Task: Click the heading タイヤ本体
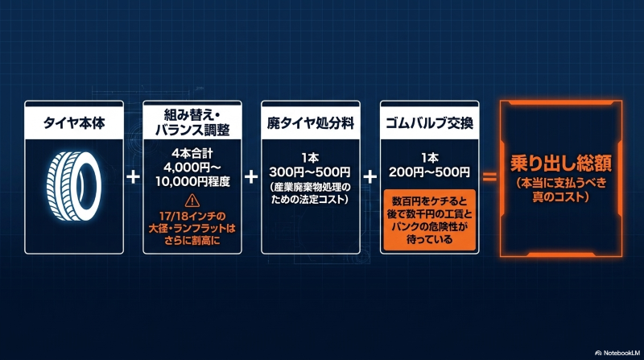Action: [74, 123]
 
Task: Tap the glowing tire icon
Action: [74, 186]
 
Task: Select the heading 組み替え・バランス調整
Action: [192, 122]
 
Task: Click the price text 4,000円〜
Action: [192, 168]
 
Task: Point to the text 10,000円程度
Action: [192, 181]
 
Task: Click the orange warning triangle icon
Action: [192, 201]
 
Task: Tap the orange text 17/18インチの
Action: [192, 216]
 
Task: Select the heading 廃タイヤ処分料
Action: [311, 123]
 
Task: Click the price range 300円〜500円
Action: [310, 172]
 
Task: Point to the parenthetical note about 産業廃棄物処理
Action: [310, 193]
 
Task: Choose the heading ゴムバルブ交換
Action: [429, 123]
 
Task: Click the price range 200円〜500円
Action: [429, 172]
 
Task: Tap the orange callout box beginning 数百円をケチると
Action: [429, 221]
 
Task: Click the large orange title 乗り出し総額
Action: [561, 163]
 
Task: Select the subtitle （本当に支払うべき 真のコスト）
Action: [561, 189]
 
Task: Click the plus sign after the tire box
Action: [133, 177]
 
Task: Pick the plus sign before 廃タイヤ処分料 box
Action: [251, 177]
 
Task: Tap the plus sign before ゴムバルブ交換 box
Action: [370, 177]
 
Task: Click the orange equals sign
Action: [489, 177]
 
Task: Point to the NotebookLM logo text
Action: [617, 353]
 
